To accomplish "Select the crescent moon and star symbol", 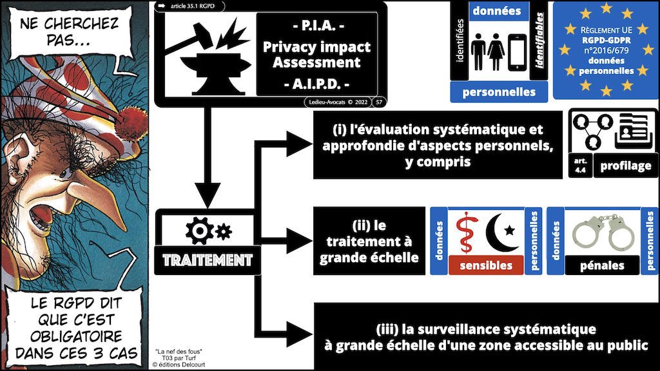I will click(x=500, y=233).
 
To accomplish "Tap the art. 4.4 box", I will click(x=579, y=166).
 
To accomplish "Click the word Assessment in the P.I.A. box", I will click(x=316, y=62).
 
